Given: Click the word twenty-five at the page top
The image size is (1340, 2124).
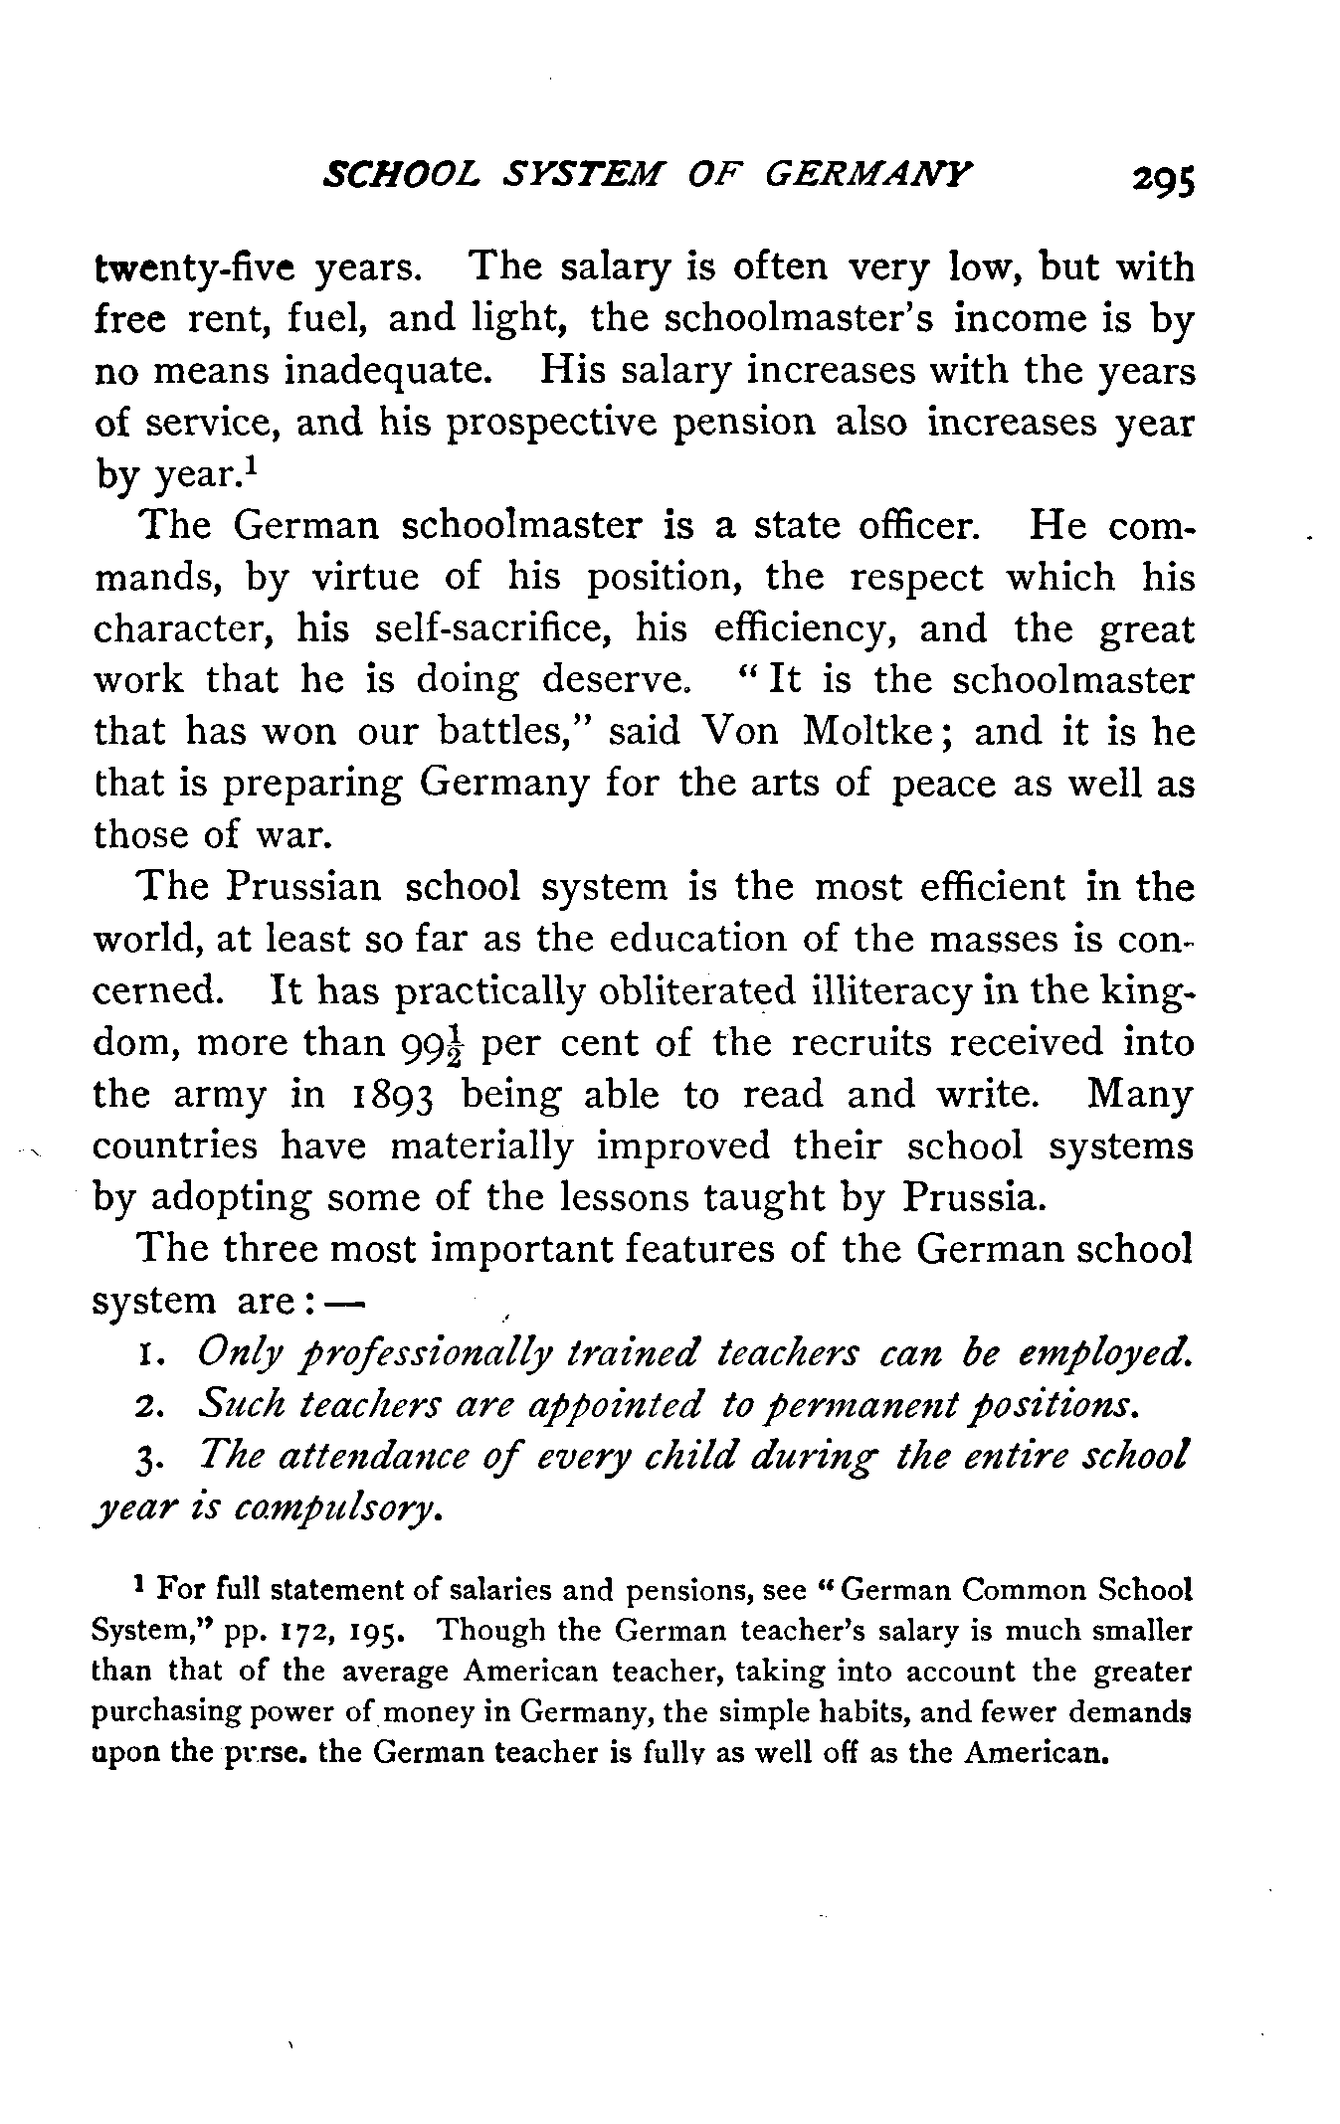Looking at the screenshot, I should [x=195, y=268].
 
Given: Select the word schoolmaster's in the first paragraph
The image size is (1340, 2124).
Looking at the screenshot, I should [x=799, y=319].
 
